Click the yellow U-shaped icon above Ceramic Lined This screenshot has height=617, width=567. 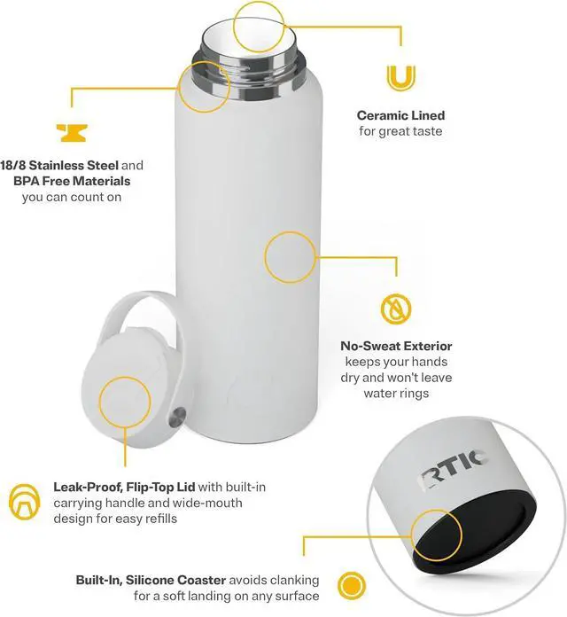pos(400,77)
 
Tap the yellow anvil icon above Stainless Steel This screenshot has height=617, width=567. pos(71,131)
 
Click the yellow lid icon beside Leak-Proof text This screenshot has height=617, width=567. pos(25,500)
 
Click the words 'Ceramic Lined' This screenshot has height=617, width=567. pos(400,115)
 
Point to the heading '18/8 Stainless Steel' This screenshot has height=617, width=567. pos(58,165)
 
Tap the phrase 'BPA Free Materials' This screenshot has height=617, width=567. pos(71,181)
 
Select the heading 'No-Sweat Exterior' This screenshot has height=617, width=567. pos(396,346)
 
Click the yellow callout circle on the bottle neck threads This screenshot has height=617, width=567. pos(204,85)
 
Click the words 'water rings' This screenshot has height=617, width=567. pos(396,394)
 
